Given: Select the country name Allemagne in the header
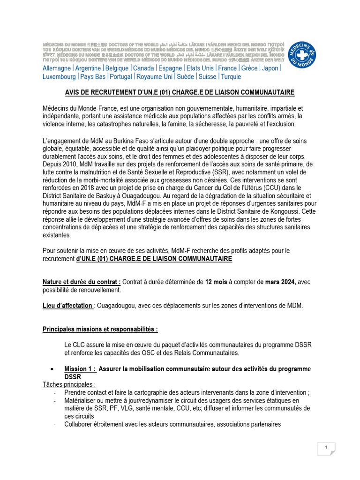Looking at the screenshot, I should (x=57, y=68).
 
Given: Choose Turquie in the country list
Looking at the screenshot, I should (x=231, y=77).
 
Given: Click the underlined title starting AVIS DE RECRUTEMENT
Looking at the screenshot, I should (x=180, y=92).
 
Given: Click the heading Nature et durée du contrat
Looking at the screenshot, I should (x=82, y=282).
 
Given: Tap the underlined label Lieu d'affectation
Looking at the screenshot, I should (x=67, y=306).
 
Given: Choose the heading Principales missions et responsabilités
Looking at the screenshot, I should (x=100, y=329).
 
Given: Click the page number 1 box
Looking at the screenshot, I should (x=326, y=448).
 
